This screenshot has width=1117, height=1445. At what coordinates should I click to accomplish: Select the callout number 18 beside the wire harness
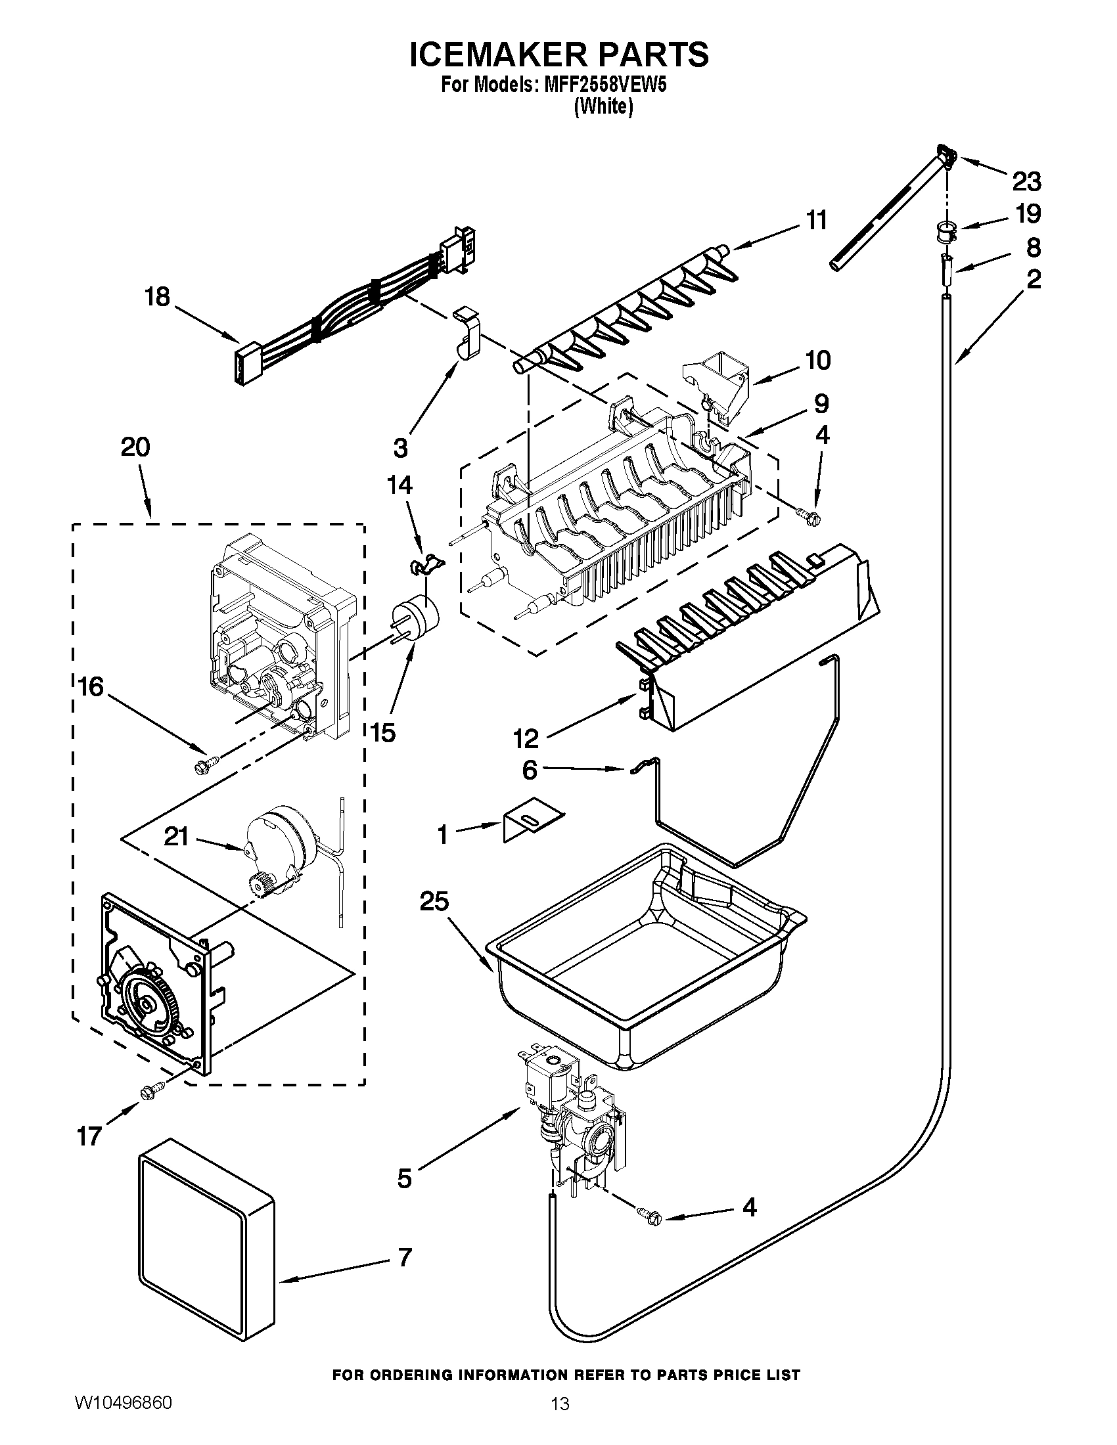click(158, 298)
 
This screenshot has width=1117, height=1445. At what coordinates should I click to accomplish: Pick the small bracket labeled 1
click(532, 823)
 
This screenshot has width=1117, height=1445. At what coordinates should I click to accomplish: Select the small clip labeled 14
click(425, 564)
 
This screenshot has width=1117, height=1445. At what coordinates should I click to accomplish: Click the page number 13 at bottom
click(560, 1417)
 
